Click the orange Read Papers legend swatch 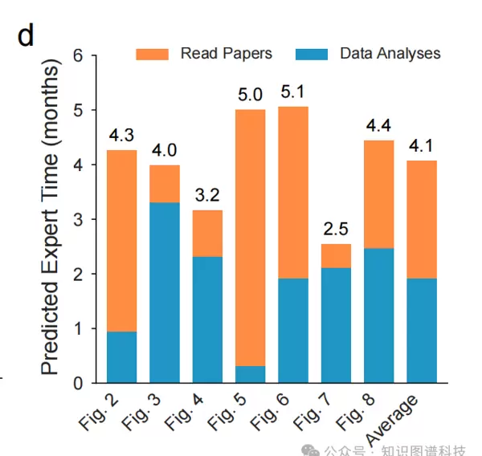pos(152,54)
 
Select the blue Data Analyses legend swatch pos(312,54)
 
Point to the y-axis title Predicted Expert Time pos(50,221)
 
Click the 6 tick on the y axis pos(79,55)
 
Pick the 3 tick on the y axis pos(79,219)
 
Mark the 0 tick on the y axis pos(79,383)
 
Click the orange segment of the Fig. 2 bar pos(121,241)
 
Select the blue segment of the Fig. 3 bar pos(165,292)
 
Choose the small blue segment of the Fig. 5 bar pos(251,374)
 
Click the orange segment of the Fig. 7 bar pos(337,255)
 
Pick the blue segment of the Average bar pos(422,330)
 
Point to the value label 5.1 pos(293,92)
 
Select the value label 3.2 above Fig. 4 pos(207,195)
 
